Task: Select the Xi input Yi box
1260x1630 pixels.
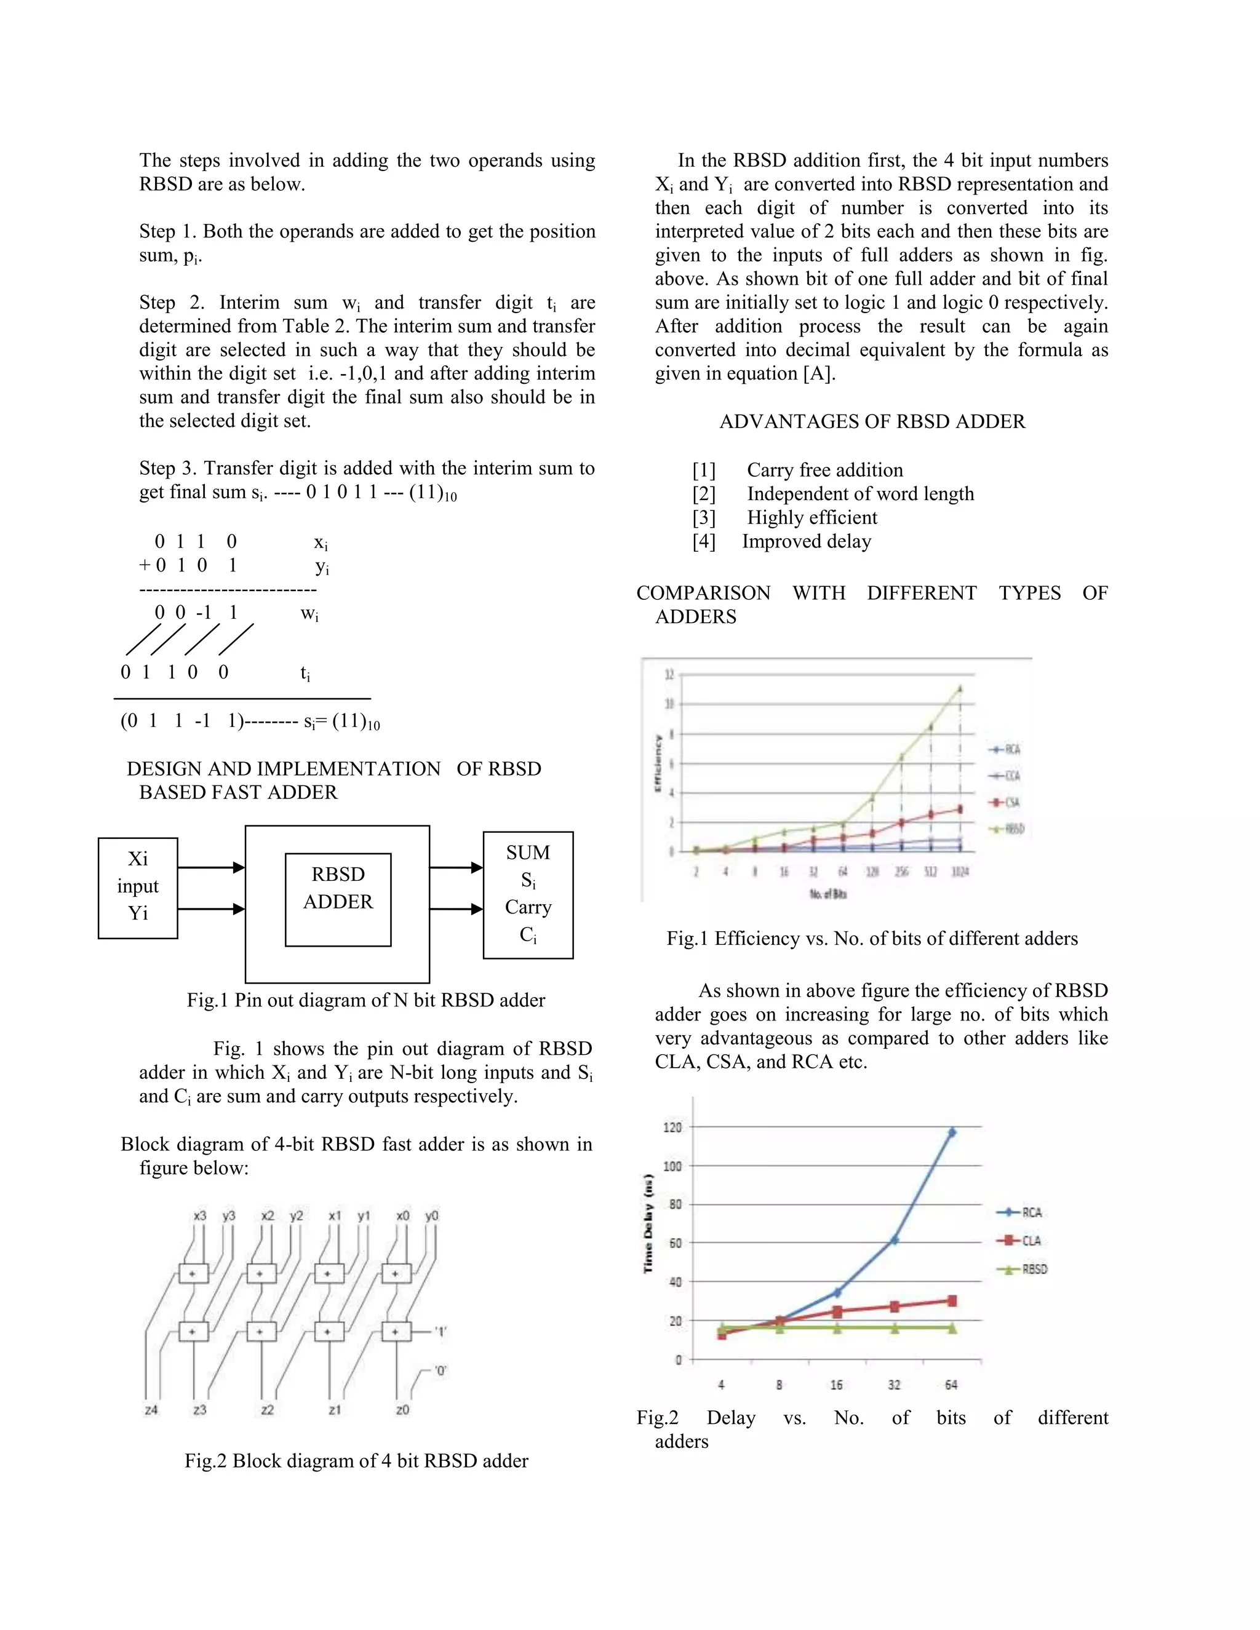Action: [137, 888]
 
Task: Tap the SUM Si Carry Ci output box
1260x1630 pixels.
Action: [528, 894]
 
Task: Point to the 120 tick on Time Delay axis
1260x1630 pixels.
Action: [672, 1127]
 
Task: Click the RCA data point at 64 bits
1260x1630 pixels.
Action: [952, 1132]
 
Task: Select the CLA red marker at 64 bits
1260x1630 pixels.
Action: [952, 1301]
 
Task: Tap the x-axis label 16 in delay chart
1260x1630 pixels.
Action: [836, 1385]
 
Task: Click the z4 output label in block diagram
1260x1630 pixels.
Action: [151, 1410]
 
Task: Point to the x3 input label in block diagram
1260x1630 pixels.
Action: [199, 1216]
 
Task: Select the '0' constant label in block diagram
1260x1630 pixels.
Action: [441, 1371]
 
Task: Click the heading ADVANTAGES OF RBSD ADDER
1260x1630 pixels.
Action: [872, 422]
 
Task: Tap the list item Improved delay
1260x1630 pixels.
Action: [806, 541]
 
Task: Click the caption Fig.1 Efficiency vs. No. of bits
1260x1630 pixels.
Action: [872, 939]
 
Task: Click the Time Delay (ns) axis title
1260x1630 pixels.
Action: [648, 1224]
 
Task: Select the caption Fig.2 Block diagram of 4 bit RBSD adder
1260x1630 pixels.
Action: [356, 1461]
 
